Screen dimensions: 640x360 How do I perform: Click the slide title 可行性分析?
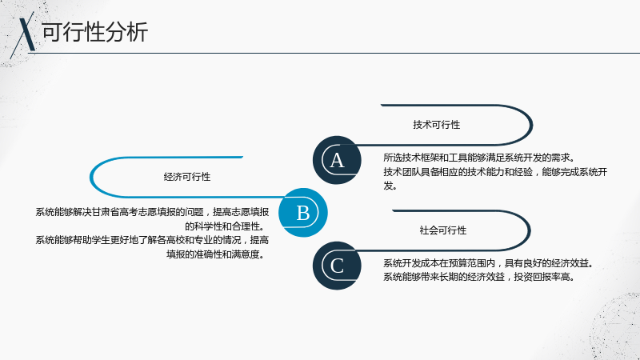click(x=94, y=32)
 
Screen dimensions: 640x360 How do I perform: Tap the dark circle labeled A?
click(x=337, y=160)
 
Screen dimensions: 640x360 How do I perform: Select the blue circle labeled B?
click(x=303, y=212)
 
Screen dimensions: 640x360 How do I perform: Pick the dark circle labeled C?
click(x=337, y=266)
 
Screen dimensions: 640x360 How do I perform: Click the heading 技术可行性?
click(x=436, y=125)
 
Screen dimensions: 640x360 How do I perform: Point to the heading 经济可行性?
click(x=187, y=177)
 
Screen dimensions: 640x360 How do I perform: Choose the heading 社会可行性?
click(x=443, y=230)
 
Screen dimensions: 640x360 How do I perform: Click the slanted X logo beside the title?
click(x=24, y=34)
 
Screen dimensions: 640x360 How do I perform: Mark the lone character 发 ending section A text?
click(x=388, y=186)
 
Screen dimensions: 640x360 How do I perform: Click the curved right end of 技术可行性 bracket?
click(x=531, y=125)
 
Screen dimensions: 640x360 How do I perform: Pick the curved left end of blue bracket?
click(x=91, y=177)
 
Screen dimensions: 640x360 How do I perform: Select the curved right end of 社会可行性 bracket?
click(x=530, y=230)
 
